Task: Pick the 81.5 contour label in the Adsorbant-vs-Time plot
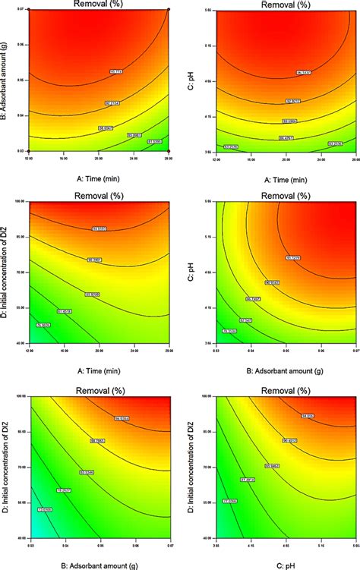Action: [155, 141]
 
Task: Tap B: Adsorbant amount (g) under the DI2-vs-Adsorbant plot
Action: [99, 557]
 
